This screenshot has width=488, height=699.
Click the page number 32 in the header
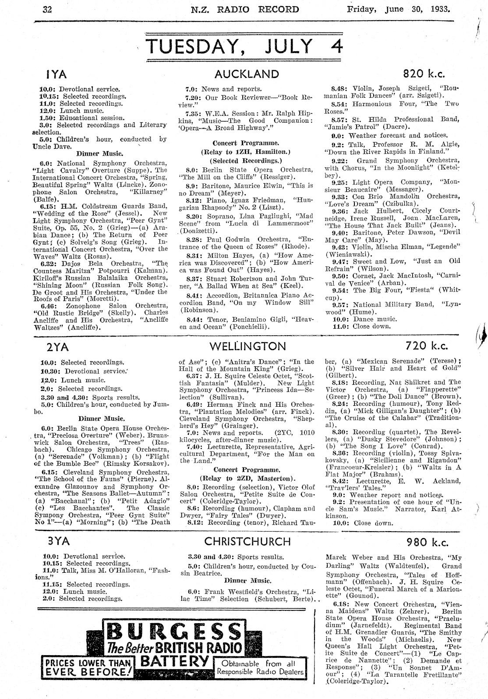coord(47,9)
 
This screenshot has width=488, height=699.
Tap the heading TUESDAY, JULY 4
coord(244,46)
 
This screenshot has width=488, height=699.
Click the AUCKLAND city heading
coord(247,73)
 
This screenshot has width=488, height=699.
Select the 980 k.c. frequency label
coord(427,542)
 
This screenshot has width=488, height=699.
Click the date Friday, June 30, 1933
coord(398,9)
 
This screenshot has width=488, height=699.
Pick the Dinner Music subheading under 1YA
coord(100,153)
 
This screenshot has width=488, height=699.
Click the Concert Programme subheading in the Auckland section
coord(246,143)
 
